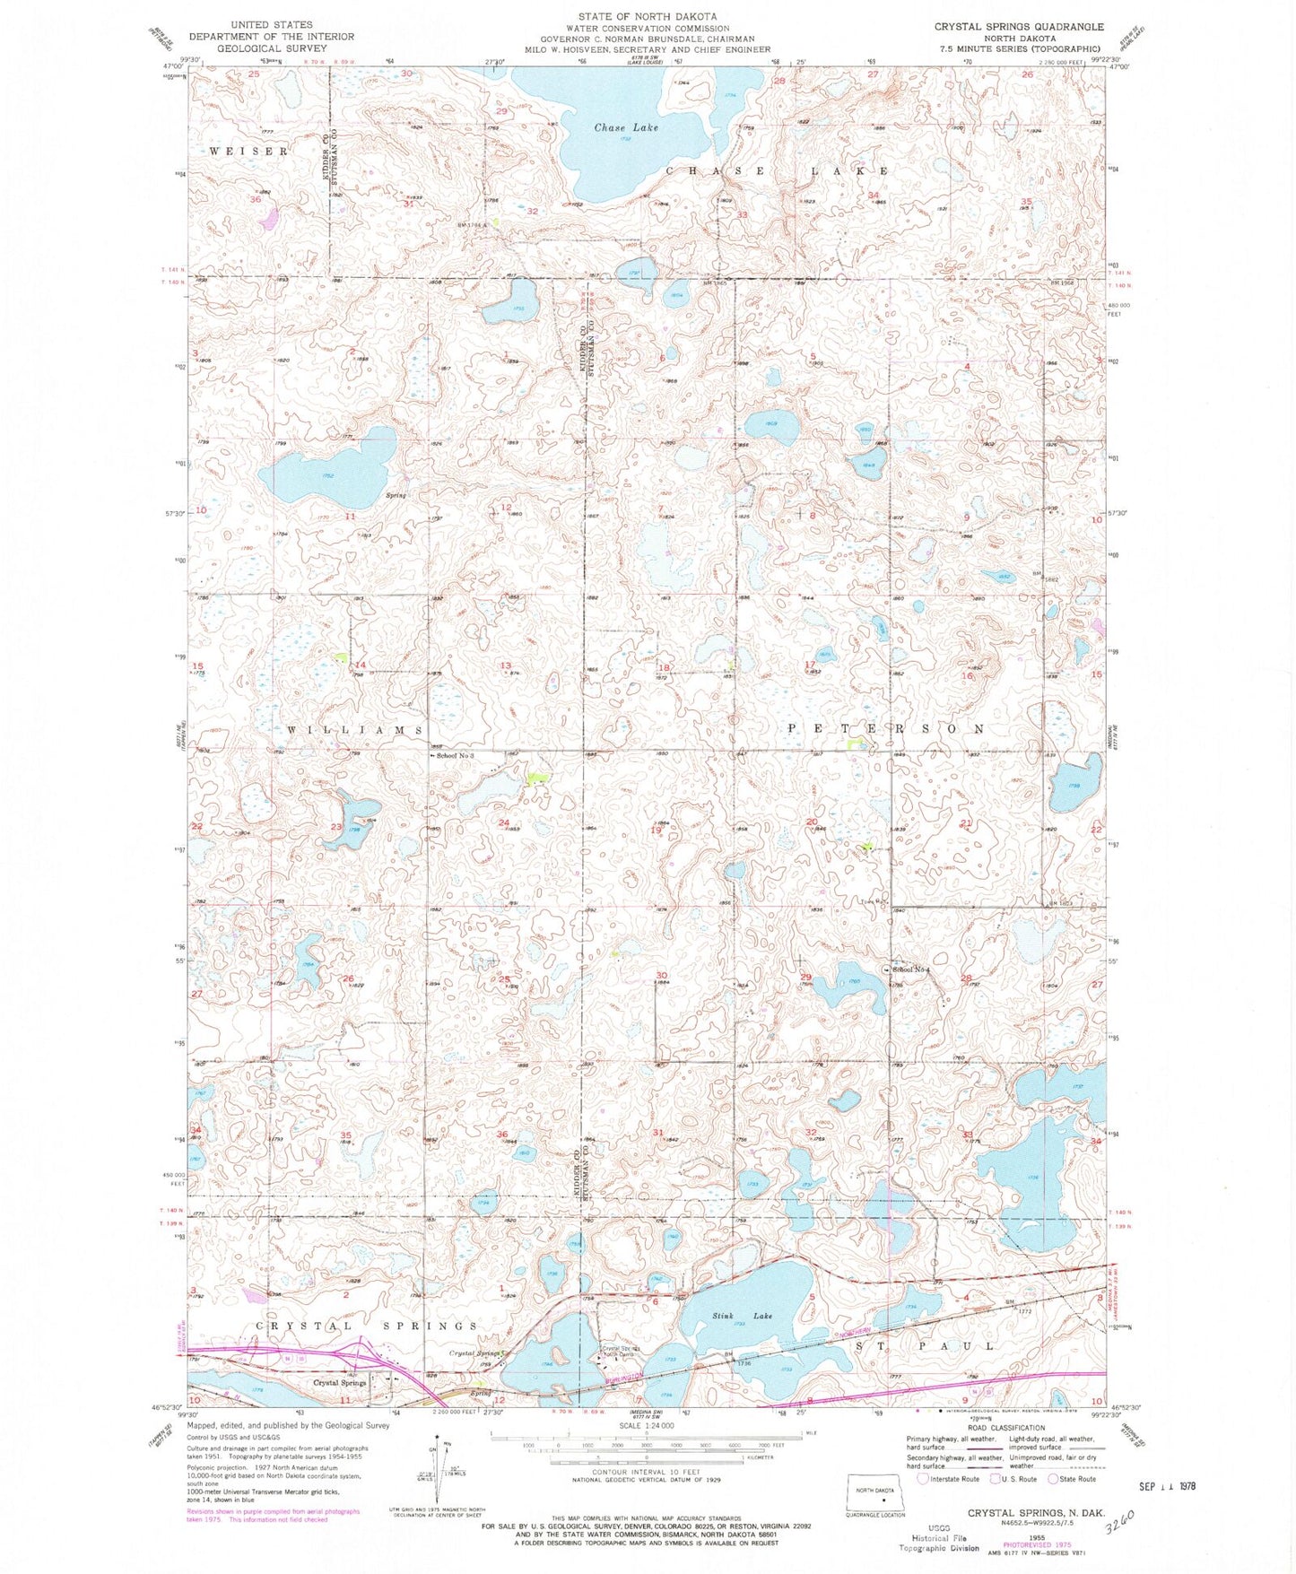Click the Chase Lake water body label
click(x=626, y=127)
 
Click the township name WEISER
click(x=248, y=152)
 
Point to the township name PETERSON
click(x=887, y=728)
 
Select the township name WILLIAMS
click(x=355, y=731)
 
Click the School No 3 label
click(x=455, y=756)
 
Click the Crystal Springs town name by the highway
click(x=338, y=1382)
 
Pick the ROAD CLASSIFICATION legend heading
click(x=1000, y=1428)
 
